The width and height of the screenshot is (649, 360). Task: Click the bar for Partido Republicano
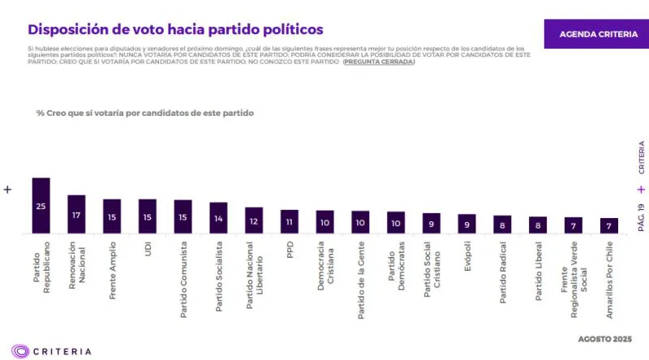(x=41, y=206)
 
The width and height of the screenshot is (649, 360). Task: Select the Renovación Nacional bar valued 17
(x=76, y=215)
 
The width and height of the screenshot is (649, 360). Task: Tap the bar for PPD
(x=290, y=221)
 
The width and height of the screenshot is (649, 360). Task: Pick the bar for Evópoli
(x=466, y=224)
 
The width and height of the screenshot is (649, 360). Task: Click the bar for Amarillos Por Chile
(x=608, y=225)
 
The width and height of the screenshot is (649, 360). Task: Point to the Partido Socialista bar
(x=218, y=218)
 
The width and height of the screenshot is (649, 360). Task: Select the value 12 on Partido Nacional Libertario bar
(x=254, y=221)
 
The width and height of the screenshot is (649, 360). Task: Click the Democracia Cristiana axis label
(x=325, y=268)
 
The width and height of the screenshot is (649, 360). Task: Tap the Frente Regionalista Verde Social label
(x=573, y=276)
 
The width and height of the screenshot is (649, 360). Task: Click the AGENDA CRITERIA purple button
(x=595, y=34)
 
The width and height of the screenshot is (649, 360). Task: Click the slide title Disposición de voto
(x=175, y=29)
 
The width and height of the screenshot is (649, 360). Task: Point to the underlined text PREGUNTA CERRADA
(x=379, y=62)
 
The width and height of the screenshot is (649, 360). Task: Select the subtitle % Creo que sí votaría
(x=145, y=113)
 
